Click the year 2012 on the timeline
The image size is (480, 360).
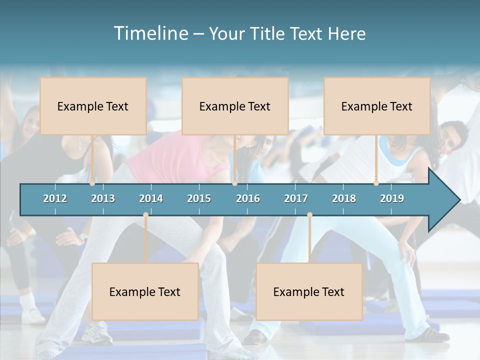55,198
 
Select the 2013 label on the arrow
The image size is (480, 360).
103,198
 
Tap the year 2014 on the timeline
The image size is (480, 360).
151,198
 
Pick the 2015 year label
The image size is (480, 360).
199,198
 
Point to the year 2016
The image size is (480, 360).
248,198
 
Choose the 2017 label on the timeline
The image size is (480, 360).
296,198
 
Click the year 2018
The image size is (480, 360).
344,198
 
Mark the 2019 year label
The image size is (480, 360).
392,198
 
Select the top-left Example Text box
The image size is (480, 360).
93,106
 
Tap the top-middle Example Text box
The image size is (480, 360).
235,106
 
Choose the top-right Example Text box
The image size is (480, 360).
377,106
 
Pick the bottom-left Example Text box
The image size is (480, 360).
145,292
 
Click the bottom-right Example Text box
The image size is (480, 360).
309,292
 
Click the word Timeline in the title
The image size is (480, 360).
150,33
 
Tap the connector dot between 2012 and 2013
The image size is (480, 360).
92,183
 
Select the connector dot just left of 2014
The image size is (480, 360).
145,215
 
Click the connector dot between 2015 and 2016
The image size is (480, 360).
234,183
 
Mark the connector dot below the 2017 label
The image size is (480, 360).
309,215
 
